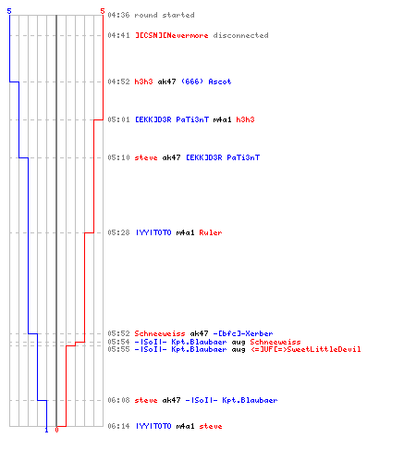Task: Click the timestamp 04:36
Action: tap(118, 15)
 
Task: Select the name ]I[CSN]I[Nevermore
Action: tap(171, 35)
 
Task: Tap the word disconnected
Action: tap(240, 35)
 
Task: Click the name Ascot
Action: tap(220, 81)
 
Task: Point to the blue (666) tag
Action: tap(192, 81)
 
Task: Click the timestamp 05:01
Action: tap(118, 119)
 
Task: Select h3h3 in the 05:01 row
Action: tap(245, 119)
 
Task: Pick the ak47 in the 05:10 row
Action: tap(171, 157)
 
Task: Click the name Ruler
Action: tap(211, 232)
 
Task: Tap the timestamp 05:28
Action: tap(118, 232)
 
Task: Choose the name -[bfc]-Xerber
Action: tap(243, 333)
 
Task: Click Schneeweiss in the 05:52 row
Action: tap(160, 333)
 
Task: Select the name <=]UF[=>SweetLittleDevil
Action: tap(305, 349)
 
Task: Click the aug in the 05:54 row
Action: tap(239, 342)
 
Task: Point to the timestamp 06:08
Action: tap(118, 400)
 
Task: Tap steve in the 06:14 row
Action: tap(211, 426)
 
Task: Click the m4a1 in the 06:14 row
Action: tap(185, 426)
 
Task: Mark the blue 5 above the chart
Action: tap(9, 11)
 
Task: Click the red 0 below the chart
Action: tap(56, 430)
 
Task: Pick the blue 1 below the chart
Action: tap(46, 430)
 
